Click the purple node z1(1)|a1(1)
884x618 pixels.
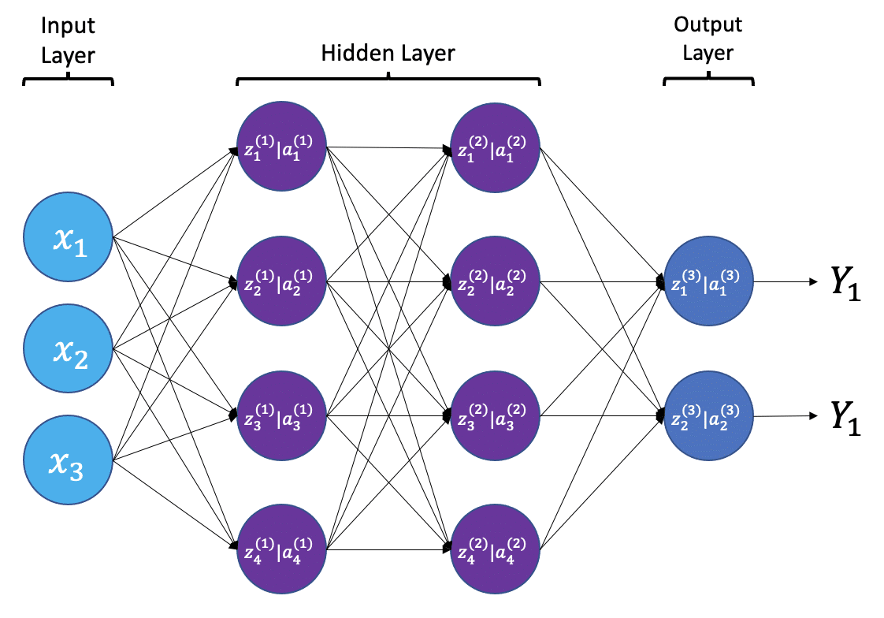point(281,147)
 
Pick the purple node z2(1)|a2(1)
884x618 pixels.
point(281,281)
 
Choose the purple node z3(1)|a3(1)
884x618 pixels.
point(281,415)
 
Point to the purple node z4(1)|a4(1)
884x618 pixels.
point(281,549)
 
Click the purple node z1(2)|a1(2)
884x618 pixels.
point(494,147)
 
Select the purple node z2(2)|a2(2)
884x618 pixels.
point(494,281)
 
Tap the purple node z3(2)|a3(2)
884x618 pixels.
point(494,415)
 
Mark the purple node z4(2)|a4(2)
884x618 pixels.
point(494,549)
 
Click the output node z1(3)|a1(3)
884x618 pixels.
point(708,281)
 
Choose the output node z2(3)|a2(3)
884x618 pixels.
point(708,415)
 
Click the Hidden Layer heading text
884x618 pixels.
point(388,54)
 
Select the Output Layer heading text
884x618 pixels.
point(708,39)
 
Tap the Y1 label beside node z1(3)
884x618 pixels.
point(845,283)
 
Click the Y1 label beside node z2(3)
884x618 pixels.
point(845,417)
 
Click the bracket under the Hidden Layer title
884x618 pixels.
point(388,80)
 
